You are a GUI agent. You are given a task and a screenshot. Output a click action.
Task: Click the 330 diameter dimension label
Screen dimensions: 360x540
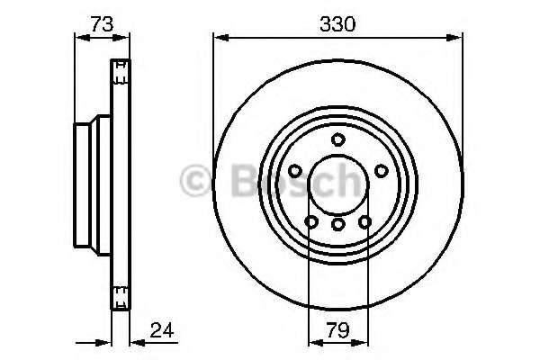[337, 25]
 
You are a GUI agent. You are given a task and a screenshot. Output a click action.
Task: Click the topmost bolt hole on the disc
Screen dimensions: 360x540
[337, 139]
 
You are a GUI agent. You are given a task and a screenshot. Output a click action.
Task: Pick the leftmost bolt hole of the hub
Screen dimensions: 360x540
[295, 171]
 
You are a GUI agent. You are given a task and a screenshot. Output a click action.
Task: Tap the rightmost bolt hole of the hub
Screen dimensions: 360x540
[381, 171]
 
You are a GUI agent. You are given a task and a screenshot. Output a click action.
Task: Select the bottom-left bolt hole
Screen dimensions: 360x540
[311, 222]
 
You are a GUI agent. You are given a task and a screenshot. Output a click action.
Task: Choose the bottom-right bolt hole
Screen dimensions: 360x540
[364, 222]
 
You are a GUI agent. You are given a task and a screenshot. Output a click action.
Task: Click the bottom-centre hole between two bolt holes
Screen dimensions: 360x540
[337, 225]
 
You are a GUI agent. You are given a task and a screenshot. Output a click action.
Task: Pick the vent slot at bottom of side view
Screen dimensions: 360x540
[120, 291]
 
